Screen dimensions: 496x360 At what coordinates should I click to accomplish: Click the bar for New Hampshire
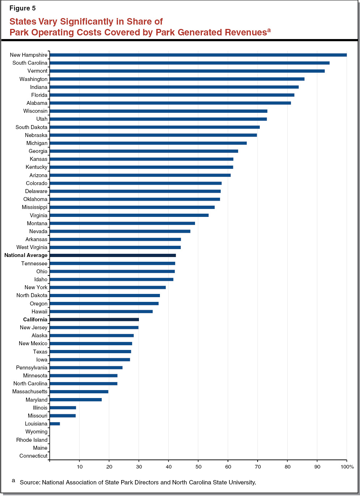(198, 55)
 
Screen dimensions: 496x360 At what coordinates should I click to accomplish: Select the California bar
(94, 320)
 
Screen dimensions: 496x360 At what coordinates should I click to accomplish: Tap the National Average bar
(113, 255)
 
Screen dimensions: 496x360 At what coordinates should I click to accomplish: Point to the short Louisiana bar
(55, 424)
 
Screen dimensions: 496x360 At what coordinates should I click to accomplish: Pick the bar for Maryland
(76, 399)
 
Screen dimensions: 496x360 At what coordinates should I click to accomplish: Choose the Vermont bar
(187, 71)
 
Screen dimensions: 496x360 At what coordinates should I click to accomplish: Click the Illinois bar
(63, 408)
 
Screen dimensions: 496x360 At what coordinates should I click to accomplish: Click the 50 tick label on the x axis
(198, 467)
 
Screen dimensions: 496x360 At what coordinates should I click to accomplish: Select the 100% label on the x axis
(347, 467)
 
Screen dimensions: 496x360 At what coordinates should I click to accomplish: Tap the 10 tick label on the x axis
(80, 467)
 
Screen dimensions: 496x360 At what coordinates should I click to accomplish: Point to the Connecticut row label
(33, 456)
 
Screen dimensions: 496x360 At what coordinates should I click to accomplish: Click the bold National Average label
(26, 255)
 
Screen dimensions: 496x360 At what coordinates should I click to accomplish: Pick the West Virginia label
(32, 247)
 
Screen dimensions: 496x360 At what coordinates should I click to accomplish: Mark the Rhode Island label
(32, 440)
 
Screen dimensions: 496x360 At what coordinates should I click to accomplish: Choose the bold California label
(35, 320)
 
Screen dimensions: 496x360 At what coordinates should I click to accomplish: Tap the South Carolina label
(30, 63)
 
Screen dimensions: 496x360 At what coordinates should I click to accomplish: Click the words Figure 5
(22, 8)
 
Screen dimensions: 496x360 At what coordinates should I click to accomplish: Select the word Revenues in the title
(246, 33)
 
